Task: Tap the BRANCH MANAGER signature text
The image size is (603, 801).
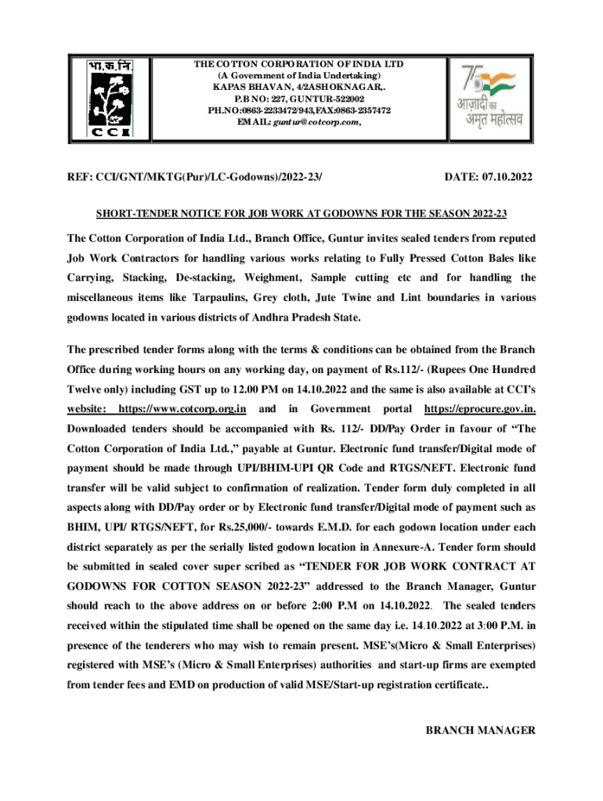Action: (479, 731)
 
